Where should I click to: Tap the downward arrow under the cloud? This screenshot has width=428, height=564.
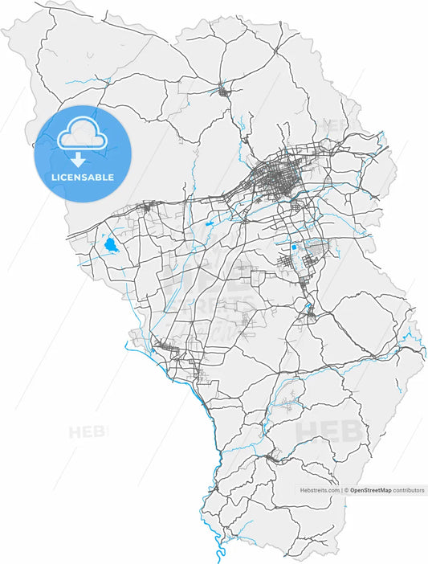pyautogui.click(x=78, y=159)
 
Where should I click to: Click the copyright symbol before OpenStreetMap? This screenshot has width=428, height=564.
pyautogui.click(x=346, y=489)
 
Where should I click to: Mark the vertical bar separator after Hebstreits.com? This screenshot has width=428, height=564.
pyautogui.click(x=341, y=489)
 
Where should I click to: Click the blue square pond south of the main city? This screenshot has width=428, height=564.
pyautogui.click(x=294, y=248)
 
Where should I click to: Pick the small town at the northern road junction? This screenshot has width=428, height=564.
pyautogui.click(x=223, y=90)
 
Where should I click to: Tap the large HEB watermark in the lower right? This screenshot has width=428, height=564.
pyautogui.click(x=329, y=431)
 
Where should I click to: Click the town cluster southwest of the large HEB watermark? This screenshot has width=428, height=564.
pyautogui.click(x=273, y=458)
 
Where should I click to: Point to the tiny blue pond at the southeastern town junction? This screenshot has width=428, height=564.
pyautogui.click(x=308, y=306)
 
